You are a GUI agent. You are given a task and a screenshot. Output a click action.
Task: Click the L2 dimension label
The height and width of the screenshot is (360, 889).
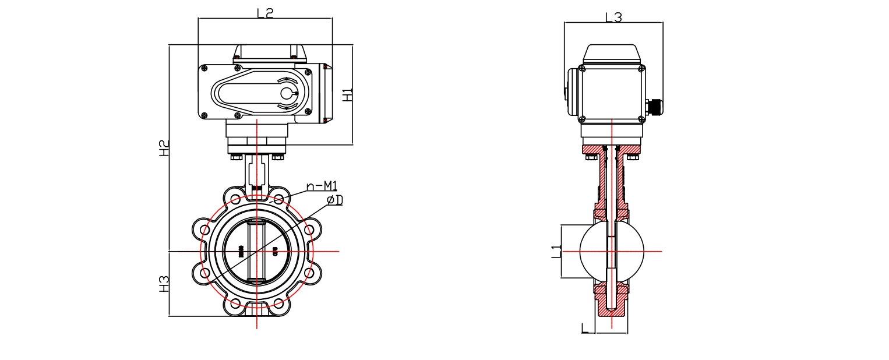point(265,12)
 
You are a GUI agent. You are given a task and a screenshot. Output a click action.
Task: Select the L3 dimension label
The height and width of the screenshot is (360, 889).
point(613,17)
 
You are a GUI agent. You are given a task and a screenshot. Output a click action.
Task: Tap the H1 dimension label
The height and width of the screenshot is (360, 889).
point(347,95)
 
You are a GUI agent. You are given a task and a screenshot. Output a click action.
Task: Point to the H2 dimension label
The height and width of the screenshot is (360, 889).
point(165,148)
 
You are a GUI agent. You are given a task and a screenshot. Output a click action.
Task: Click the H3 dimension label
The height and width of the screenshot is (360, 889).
point(165,284)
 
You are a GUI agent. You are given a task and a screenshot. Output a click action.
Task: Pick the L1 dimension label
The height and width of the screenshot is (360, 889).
point(556,252)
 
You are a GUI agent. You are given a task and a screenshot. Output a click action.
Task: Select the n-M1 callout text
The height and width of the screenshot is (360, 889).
point(322,186)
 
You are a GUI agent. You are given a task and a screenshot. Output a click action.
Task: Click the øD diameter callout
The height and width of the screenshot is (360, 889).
point(334,200)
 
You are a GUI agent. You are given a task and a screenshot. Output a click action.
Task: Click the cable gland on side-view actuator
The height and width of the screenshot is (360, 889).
point(654,107)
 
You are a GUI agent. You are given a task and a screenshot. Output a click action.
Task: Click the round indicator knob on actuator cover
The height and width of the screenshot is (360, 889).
point(287,93)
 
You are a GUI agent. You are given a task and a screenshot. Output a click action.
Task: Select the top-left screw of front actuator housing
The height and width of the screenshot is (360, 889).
point(204,69)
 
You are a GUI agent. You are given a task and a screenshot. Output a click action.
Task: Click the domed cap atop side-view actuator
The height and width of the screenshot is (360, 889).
point(612,54)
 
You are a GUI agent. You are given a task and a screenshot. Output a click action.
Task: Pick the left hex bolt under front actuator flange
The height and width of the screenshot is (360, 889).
point(236,157)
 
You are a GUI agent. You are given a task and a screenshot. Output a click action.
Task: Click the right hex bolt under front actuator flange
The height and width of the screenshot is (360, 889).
point(278,157)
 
